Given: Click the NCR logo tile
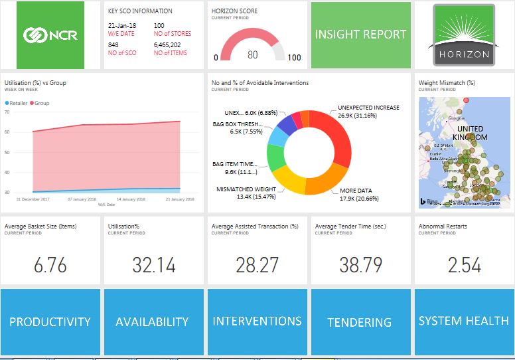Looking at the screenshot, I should [51, 35].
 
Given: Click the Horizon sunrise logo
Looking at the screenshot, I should [464, 35].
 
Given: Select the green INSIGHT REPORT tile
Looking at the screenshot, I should [360, 35].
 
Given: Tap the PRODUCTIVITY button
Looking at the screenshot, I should [50, 321].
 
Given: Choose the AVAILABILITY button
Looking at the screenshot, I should [153, 321].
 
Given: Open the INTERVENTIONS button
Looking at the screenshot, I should [257, 321].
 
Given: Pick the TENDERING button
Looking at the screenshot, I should [360, 322].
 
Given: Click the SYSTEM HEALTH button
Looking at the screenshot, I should [463, 321].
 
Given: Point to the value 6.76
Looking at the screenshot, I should [50, 265].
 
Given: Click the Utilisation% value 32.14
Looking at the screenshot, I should [153, 265].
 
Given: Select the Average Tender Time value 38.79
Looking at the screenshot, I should [360, 265].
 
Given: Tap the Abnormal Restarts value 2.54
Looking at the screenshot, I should [464, 265].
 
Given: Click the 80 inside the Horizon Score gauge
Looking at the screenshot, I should [253, 55].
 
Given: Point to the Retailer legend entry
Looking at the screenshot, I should [19, 104].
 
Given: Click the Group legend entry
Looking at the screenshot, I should [41, 104].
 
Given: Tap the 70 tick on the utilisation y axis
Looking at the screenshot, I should [7, 112].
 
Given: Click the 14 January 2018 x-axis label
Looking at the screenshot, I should [131, 199].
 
